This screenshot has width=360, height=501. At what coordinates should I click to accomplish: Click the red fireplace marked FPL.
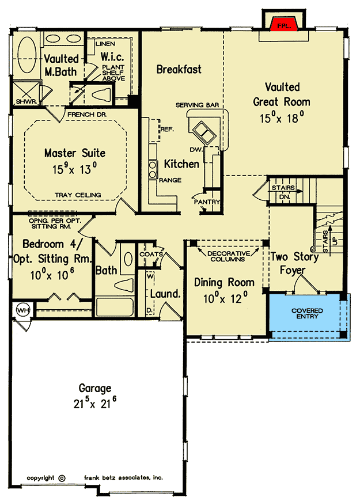point(283,25)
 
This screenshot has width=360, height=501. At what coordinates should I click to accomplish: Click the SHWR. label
point(26,101)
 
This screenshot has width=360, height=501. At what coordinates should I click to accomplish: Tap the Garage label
point(95,388)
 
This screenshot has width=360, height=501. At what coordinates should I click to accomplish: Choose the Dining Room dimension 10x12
point(225,299)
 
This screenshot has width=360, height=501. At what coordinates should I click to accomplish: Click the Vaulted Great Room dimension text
point(282,117)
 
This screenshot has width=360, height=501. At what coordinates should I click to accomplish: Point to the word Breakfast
point(179,69)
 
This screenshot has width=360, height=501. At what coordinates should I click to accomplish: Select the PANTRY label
point(207,202)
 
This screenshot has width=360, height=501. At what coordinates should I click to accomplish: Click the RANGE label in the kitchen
point(170,180)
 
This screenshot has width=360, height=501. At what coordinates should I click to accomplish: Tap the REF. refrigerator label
point(167,130)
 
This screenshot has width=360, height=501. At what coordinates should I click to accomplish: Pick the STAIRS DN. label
point(283,192)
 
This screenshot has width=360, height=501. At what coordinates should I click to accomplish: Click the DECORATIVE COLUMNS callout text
point(228,256)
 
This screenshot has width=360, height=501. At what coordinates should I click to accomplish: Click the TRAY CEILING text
point(78,195)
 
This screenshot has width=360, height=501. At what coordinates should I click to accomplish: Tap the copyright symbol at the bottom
point(62,479)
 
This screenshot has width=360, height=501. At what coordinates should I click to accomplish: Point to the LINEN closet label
point(105,44)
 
